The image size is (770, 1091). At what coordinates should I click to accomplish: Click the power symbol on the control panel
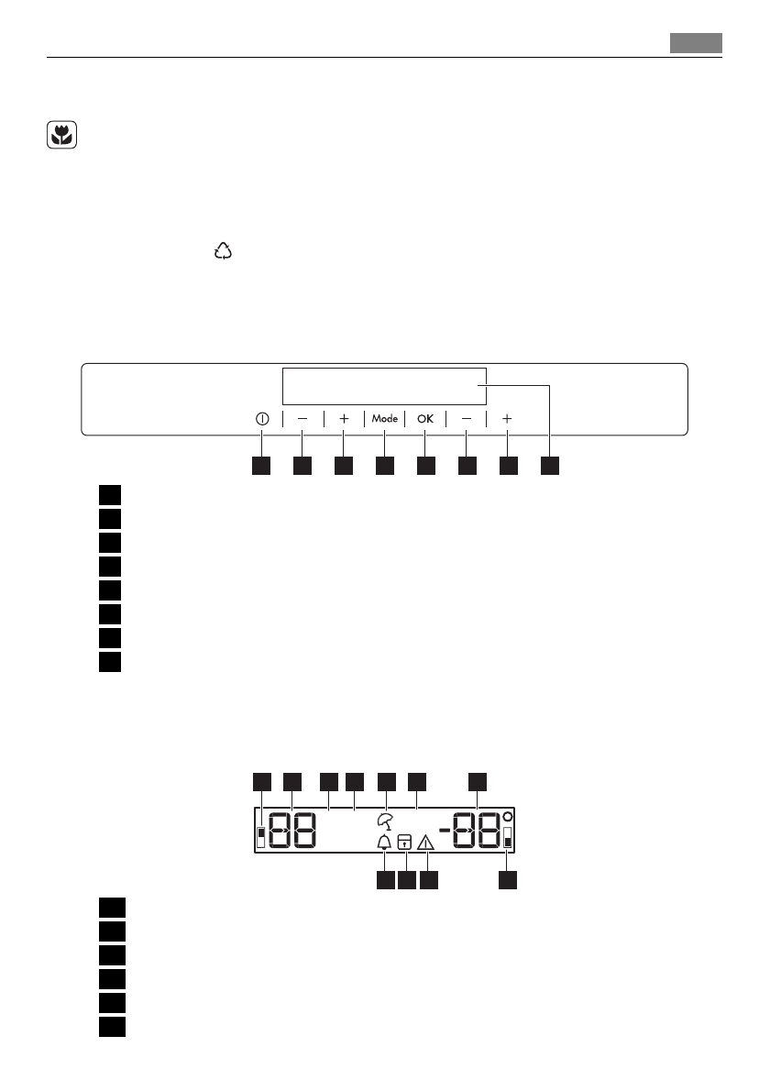click(x=261, y=418)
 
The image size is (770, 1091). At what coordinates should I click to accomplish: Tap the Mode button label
click(x=385, y=418)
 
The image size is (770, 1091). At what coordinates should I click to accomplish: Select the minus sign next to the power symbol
click(x=302, y=418)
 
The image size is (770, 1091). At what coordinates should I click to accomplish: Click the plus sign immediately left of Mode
click(x=344, y=418)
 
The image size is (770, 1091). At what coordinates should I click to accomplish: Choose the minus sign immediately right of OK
click(x=467, y=418)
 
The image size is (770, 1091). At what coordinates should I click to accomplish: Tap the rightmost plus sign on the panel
click(x=507, y=418)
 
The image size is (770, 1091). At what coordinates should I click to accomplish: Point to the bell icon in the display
click(x=383, y=842)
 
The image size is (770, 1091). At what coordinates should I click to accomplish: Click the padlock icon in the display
click(x=404, y=842)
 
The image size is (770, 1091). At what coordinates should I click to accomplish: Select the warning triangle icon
click(x=426, y=842)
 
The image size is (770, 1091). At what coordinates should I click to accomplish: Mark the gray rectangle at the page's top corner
click(x=696, y=43)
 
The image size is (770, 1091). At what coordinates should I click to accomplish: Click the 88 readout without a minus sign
click(x=293, y=832)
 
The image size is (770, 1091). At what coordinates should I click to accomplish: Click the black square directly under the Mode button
click(x=385, y=467)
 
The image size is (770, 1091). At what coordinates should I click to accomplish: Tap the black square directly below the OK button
click(x=425, y=467)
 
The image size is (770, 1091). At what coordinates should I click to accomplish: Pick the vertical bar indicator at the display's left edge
click(x=262, y=835)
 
